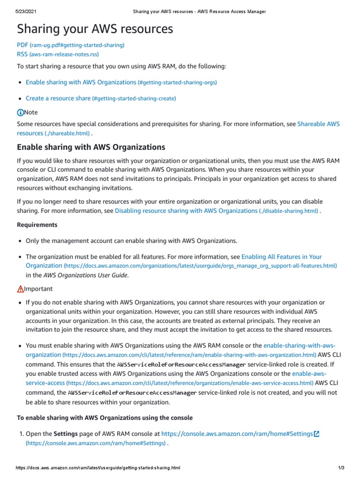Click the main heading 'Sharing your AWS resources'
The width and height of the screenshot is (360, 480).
tap(95, 29)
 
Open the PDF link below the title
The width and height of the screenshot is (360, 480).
tap(22, 45)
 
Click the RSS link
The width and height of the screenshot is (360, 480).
tap(22, 54)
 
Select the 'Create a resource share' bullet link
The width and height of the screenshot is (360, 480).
tap(58, 98)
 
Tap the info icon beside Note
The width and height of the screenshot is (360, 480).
tap(20, 112)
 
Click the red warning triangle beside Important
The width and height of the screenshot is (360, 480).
tap(20, 289)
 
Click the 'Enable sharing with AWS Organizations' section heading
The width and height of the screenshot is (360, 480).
tap(91, 147)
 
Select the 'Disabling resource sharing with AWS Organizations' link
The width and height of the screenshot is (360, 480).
tap(186, 211)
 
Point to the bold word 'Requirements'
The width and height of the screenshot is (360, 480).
tap(37, 225)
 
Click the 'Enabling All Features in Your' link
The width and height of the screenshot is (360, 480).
tap(281, 257)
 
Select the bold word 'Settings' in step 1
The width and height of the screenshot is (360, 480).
tap(66, 434)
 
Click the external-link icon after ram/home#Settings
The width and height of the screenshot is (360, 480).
tap(317, 434)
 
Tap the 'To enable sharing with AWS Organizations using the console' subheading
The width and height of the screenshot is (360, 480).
tap(105, 418)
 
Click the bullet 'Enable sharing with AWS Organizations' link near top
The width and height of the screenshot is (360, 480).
tap(81, 82)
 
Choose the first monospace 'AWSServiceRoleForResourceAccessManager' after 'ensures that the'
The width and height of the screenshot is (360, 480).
tap(181, 365)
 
